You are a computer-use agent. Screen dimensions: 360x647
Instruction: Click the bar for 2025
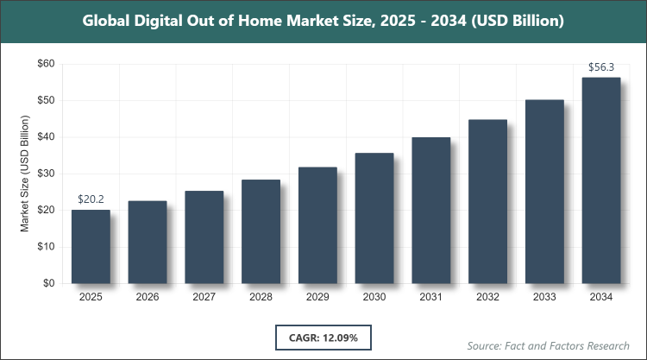[x=91, y=246]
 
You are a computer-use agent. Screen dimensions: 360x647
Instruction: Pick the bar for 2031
[x=431, y=210]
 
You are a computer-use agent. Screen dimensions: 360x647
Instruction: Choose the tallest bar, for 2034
[x=601, y=180]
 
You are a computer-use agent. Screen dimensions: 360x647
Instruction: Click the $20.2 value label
[x=91, y=199]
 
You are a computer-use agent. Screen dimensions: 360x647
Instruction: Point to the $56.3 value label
[x=601, y=67]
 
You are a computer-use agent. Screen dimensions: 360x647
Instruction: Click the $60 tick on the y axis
[x=45, y=64]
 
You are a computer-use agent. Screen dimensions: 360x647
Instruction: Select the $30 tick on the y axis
[x=45, y=174]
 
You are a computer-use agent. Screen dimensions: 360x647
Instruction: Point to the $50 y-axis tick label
[x=45, y=100]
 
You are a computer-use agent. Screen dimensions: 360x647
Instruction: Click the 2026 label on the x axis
[x=148, y=297]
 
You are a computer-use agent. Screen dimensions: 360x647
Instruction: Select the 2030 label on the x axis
[x=374, y=297]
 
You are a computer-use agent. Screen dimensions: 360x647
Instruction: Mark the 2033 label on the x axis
[x=544, y=297]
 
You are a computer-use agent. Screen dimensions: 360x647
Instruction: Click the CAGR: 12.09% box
[x=324, y=337]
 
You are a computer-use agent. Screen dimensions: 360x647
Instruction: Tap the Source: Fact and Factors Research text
[x=548, y=345]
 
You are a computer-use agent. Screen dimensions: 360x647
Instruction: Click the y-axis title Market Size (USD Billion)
[x=25, y=174]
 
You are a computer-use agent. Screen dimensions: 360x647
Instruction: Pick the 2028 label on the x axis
[x=261, y=297]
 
